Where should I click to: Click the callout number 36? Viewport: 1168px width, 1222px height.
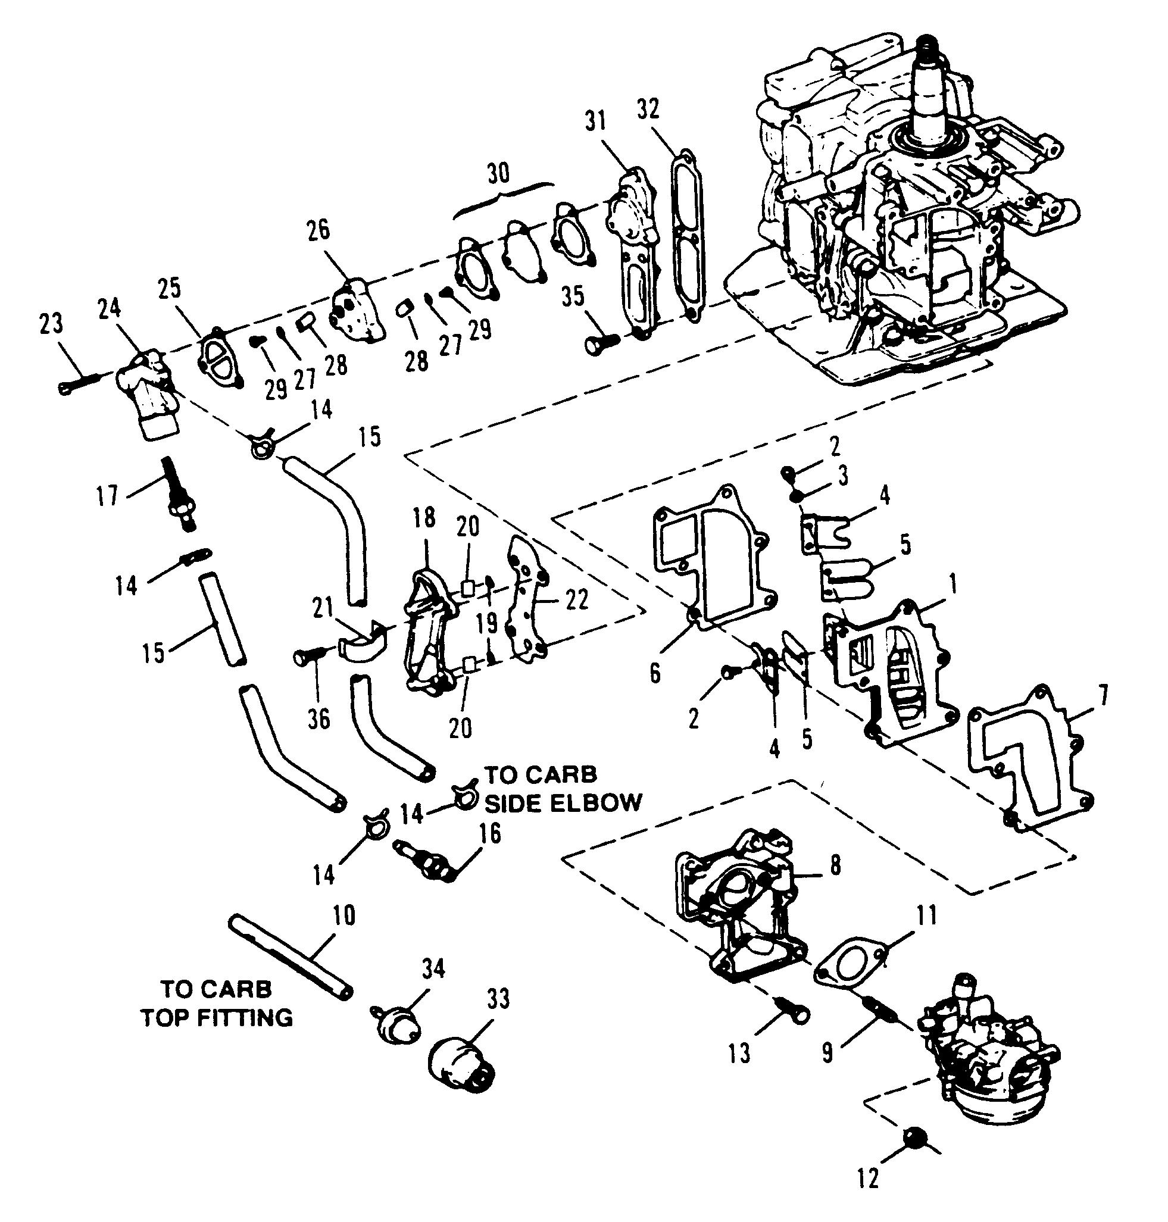(x=320, y=720)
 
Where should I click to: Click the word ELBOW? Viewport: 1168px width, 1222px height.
(x=606, y=803)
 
